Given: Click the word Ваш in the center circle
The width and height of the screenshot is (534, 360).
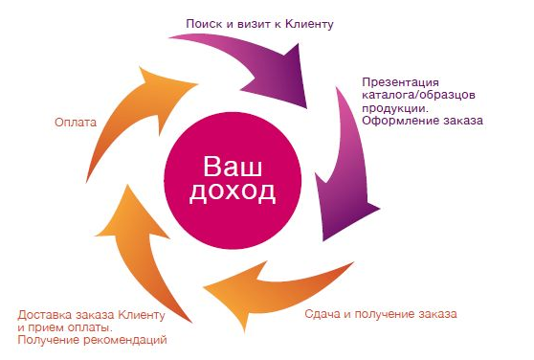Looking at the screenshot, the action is [233, 166].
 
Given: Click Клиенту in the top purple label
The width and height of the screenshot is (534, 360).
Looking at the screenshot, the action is [309, 24].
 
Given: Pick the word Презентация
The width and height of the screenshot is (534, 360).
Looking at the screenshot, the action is [400, 82].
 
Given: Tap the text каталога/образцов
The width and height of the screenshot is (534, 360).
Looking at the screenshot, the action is [418, 95].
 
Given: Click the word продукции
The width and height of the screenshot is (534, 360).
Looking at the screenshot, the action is [394, 108].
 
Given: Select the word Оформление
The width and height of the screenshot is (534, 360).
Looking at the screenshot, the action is [399, 121].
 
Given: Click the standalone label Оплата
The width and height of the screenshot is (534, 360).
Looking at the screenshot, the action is [76, 123].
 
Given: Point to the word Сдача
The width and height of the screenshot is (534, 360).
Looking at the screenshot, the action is [323, 314].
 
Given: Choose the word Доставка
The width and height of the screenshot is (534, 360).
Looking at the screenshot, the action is [45, 315].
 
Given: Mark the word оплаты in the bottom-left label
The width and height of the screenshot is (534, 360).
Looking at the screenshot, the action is [90, 327].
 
